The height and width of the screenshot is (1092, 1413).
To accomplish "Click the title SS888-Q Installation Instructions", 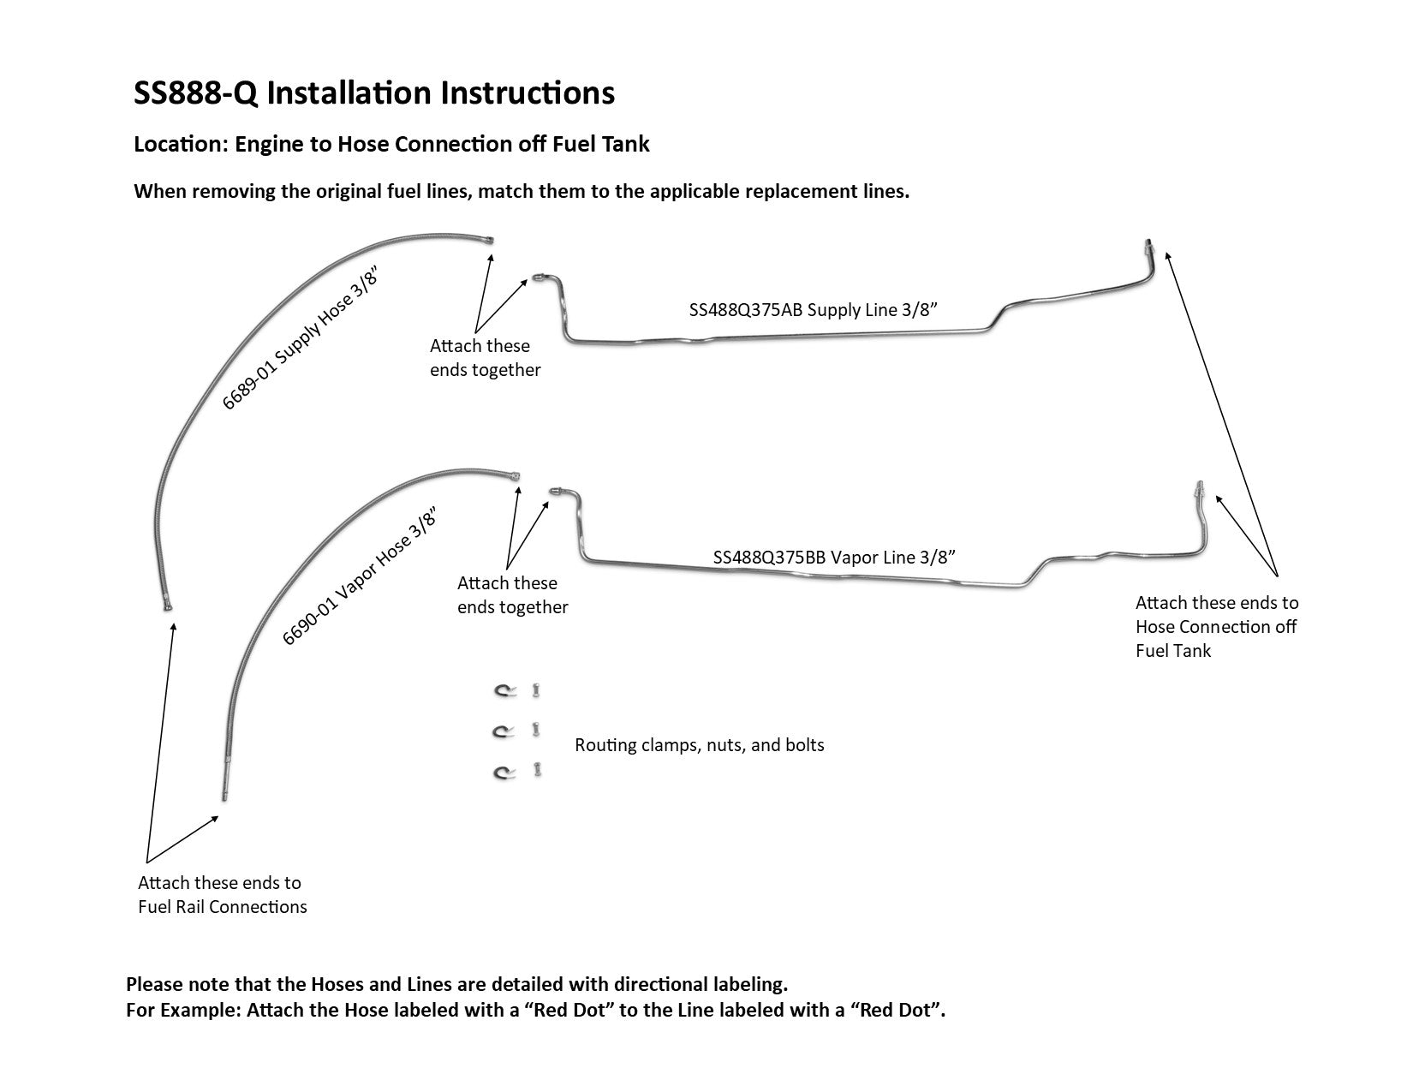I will [x=374, y=92].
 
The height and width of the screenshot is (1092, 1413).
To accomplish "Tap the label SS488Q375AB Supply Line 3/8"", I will [x=814, y=310].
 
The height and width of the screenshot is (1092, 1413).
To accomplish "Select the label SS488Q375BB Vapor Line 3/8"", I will [x=834, y=558].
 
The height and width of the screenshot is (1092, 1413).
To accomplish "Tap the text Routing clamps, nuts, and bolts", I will [x=699, y=745].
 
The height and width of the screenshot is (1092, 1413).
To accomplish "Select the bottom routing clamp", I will [x=503, y=773].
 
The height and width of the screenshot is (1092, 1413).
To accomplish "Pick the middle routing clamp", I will [x=503, y=731].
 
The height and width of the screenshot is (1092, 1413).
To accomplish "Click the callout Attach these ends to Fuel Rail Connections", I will [x=222, y=894].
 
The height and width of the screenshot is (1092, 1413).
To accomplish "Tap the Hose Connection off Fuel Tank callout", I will [x=1216, y=626].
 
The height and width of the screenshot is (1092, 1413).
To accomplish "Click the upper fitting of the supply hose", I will [x=489, y=241].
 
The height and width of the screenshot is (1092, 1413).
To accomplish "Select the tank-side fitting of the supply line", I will [x=1148, y=248].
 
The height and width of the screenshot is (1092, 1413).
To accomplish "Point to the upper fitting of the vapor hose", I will [x=515, y=476].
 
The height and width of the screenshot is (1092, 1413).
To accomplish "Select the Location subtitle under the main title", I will [x=391, y=144].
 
